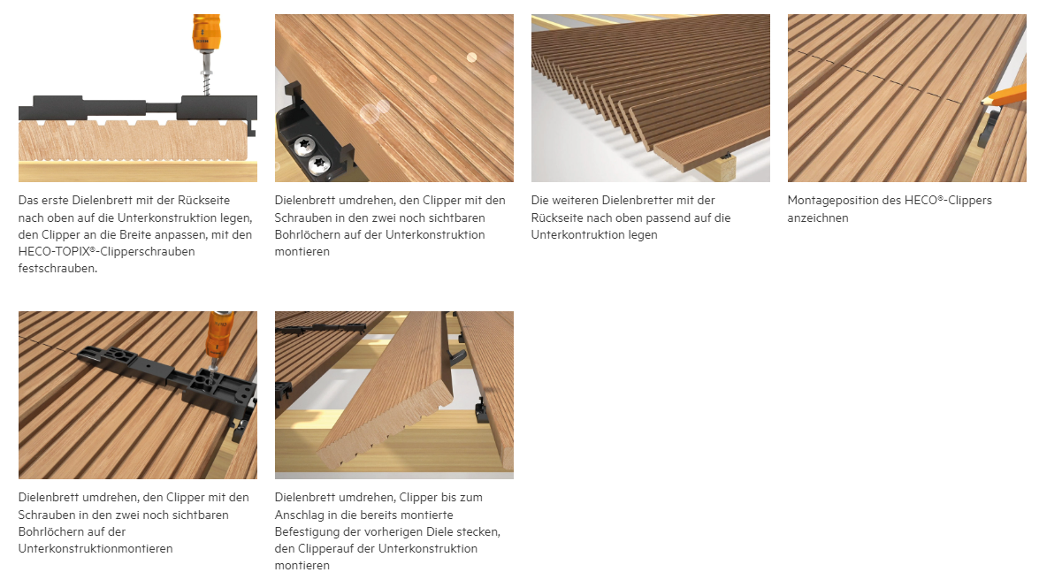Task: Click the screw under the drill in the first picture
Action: tap(206, 75)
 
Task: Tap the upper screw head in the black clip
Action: tap(305, 145)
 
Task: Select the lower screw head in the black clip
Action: tap(319, 163)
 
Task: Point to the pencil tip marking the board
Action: tap(983, 101)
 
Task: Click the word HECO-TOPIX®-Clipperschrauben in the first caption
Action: tap(107, 252)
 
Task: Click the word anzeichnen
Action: tap(818, 218)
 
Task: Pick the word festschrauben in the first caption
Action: tap(57, 269)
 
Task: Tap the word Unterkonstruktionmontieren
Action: tap(95, 549)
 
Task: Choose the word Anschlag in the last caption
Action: tap(300, 515)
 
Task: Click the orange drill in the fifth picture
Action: tap(218, 337)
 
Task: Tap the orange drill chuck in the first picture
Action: tap(205, 33)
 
